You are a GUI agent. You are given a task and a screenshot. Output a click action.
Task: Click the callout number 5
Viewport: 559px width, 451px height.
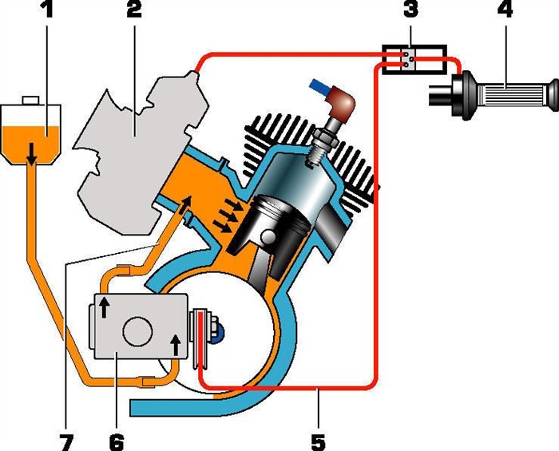[x=319, y=438]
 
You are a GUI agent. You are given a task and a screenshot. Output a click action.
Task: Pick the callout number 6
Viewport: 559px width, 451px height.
[x=117, y=438]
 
